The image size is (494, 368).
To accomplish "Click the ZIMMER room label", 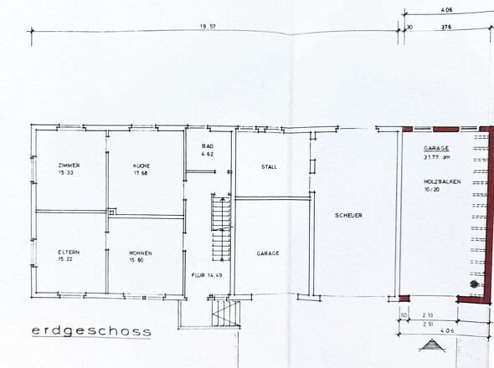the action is click(69, 166).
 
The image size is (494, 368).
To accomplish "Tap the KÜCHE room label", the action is click(142, 166).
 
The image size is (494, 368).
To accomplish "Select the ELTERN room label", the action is click(69, 252).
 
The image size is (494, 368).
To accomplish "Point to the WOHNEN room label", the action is click(140, 253).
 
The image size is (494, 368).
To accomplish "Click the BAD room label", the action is click(208, 146).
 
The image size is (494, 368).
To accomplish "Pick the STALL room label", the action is click(269, 166).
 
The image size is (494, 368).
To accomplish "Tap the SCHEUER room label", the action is click(348, 215).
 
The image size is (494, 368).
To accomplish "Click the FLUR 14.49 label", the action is click(207, 275).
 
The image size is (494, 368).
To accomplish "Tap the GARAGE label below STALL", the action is click(268, 253).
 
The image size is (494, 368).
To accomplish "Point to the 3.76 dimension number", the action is click(446, 27).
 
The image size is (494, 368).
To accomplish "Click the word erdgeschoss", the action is click(91, 331).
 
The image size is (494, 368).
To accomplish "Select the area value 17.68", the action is click(140, 173).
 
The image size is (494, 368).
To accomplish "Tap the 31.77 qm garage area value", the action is click(436, 156).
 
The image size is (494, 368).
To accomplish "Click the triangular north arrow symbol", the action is click(432, 345).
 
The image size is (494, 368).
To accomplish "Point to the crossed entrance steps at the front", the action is click(224, 314).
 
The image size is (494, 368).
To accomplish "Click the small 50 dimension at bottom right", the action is click(404, 315).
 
